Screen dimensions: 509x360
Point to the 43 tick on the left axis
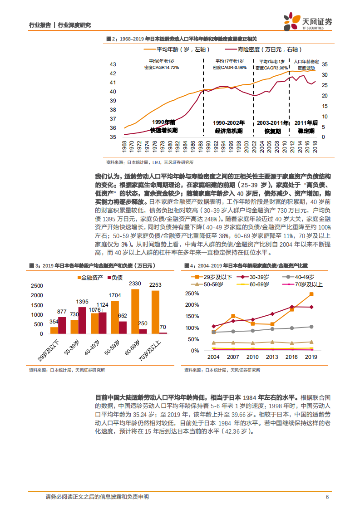(113, 64)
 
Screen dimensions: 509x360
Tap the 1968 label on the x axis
(124, 146)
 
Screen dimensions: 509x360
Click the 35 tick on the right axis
(325, 64)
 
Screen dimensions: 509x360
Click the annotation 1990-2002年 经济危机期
(229, 127)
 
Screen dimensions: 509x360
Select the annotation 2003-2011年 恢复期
(273, 127)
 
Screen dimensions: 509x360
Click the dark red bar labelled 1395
(82, 320)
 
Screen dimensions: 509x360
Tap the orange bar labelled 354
(54, 330)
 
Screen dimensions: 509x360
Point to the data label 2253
(155, 284)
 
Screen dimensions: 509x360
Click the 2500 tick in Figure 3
(37, 286)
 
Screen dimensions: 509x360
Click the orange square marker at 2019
(311, 294)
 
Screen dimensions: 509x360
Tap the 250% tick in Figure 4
(192, 294)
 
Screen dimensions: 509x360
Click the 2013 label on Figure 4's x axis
(272, 357)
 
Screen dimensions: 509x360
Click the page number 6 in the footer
(327, 497)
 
